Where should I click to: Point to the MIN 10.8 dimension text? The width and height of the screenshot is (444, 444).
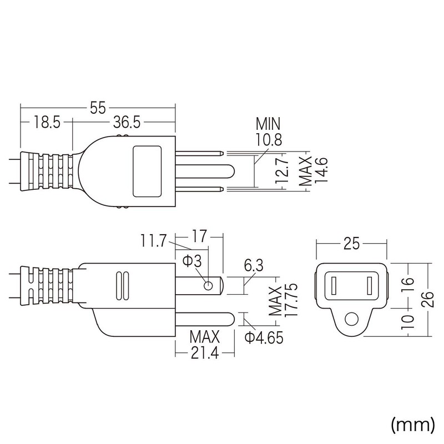(x=268, y=132)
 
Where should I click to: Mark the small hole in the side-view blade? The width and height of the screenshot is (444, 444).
(x=209, y=286)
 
